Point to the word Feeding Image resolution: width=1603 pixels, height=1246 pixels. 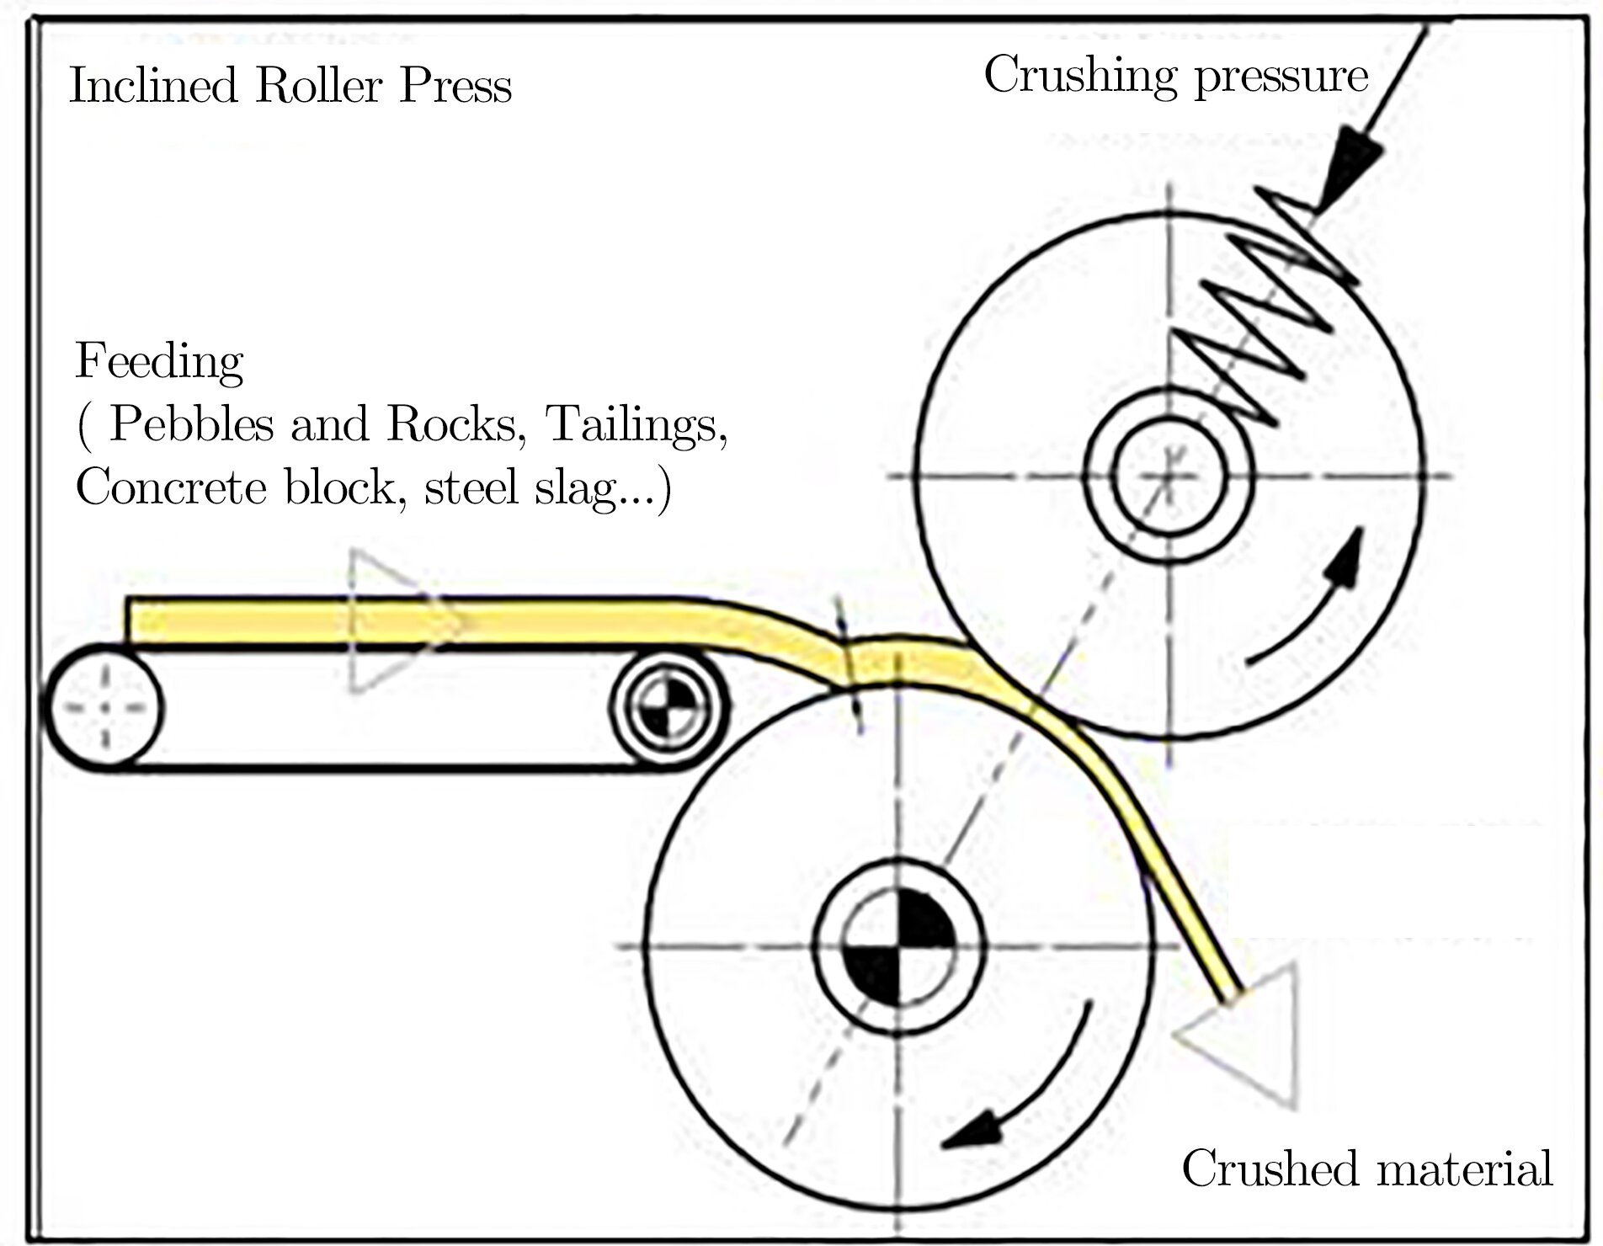click(159, 364)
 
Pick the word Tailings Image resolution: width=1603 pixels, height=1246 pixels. click(636, 425)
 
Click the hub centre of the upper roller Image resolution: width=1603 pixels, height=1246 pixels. click(1169, 477)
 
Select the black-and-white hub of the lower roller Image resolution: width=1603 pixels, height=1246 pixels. click(898, 945)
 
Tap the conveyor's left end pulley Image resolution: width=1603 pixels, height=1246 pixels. click(106, 706)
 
